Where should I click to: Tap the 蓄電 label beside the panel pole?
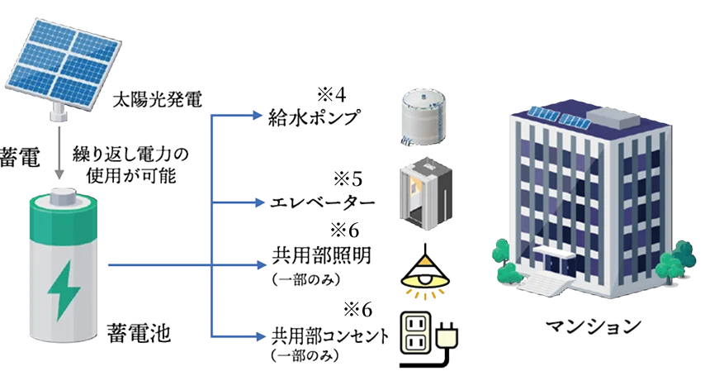pos(17,158)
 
